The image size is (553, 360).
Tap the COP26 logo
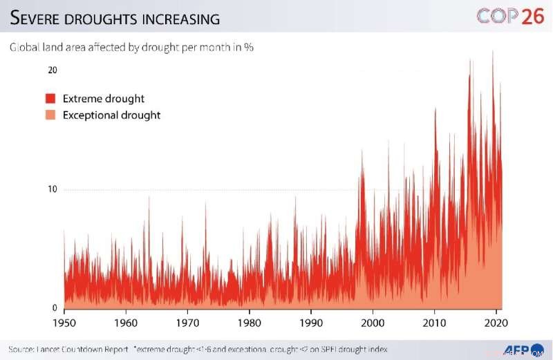[x=510, y=17]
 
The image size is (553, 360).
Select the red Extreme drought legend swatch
[x=50, y=99]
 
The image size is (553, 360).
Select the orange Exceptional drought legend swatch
[x=50, y=115]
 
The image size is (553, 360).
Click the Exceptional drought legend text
[x=111, y=115]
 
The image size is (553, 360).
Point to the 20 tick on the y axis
[x=52, y=71]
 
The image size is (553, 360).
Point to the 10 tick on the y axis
[x=52, y=190]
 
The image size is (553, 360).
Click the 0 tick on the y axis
[x=55, y=308]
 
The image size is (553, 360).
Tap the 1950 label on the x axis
[x=64, y=323]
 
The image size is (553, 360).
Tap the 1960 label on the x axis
[x=125, y=323]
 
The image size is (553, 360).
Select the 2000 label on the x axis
[x=373, y=323]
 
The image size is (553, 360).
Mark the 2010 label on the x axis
[x=435, y=323]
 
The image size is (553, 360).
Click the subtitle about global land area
[x=131, y=48]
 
